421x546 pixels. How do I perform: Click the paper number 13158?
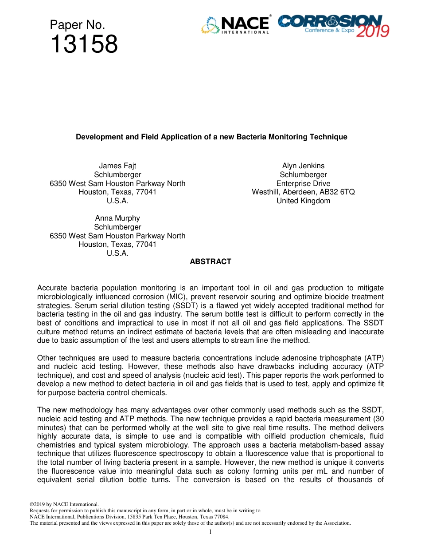84,44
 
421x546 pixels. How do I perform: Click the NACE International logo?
236,25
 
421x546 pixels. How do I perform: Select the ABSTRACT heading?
210,262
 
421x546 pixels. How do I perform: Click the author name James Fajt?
117,166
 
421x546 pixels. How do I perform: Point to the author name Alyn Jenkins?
303,166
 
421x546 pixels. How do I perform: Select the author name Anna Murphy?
117,218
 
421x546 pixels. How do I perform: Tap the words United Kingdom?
303,201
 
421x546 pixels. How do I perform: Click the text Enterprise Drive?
303,183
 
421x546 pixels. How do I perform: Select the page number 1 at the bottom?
210,532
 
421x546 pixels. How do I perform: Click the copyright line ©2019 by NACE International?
63,504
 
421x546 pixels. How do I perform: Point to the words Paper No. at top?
78,24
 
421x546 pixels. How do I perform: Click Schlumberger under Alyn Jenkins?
303,175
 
